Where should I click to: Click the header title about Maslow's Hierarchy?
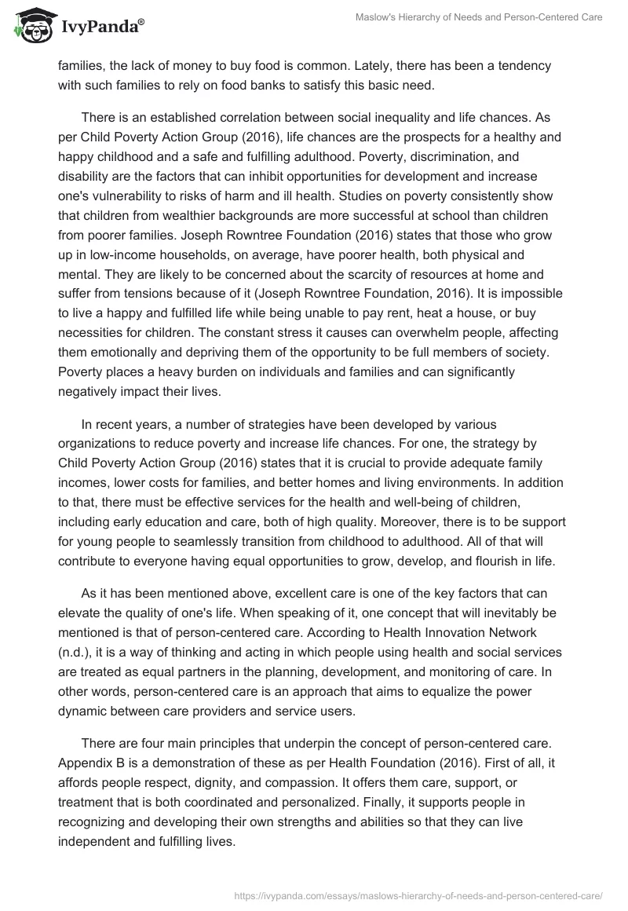click(480, 18)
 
